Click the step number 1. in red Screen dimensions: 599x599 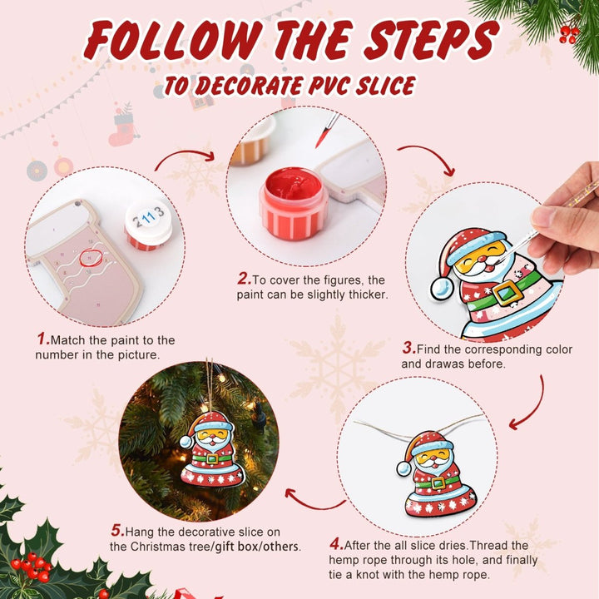coord(42,339)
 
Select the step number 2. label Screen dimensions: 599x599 coord(244,279)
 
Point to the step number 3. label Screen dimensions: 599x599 coord(408,349)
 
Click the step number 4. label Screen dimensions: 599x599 coord(336,544)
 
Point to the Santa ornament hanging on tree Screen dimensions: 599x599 coord(211,449)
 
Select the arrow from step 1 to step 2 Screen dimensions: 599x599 coord(185,156)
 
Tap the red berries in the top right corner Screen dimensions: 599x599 coord(569,32)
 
